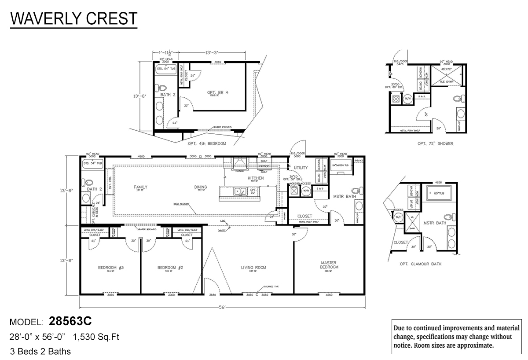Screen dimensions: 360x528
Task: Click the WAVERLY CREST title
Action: pos(73,19)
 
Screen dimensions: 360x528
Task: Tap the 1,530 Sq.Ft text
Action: pos(97,337)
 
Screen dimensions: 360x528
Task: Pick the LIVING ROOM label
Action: pos(253,267)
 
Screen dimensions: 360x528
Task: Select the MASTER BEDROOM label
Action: pos(328,265)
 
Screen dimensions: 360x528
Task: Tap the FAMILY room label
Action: pos(141,187)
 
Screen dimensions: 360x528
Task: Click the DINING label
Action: pos(201,187)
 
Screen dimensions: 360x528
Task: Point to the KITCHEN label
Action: pos(256,178)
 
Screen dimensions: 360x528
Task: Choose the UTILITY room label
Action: pos(301,168)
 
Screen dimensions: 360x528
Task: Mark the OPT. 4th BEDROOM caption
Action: pos(206,144)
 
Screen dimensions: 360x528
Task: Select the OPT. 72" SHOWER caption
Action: pos(435,143)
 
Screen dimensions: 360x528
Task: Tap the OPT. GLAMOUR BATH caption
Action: pos(420,264)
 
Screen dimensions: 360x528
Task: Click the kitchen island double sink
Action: pos(240,191)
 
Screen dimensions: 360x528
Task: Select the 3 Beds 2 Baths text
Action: pos(40,351)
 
